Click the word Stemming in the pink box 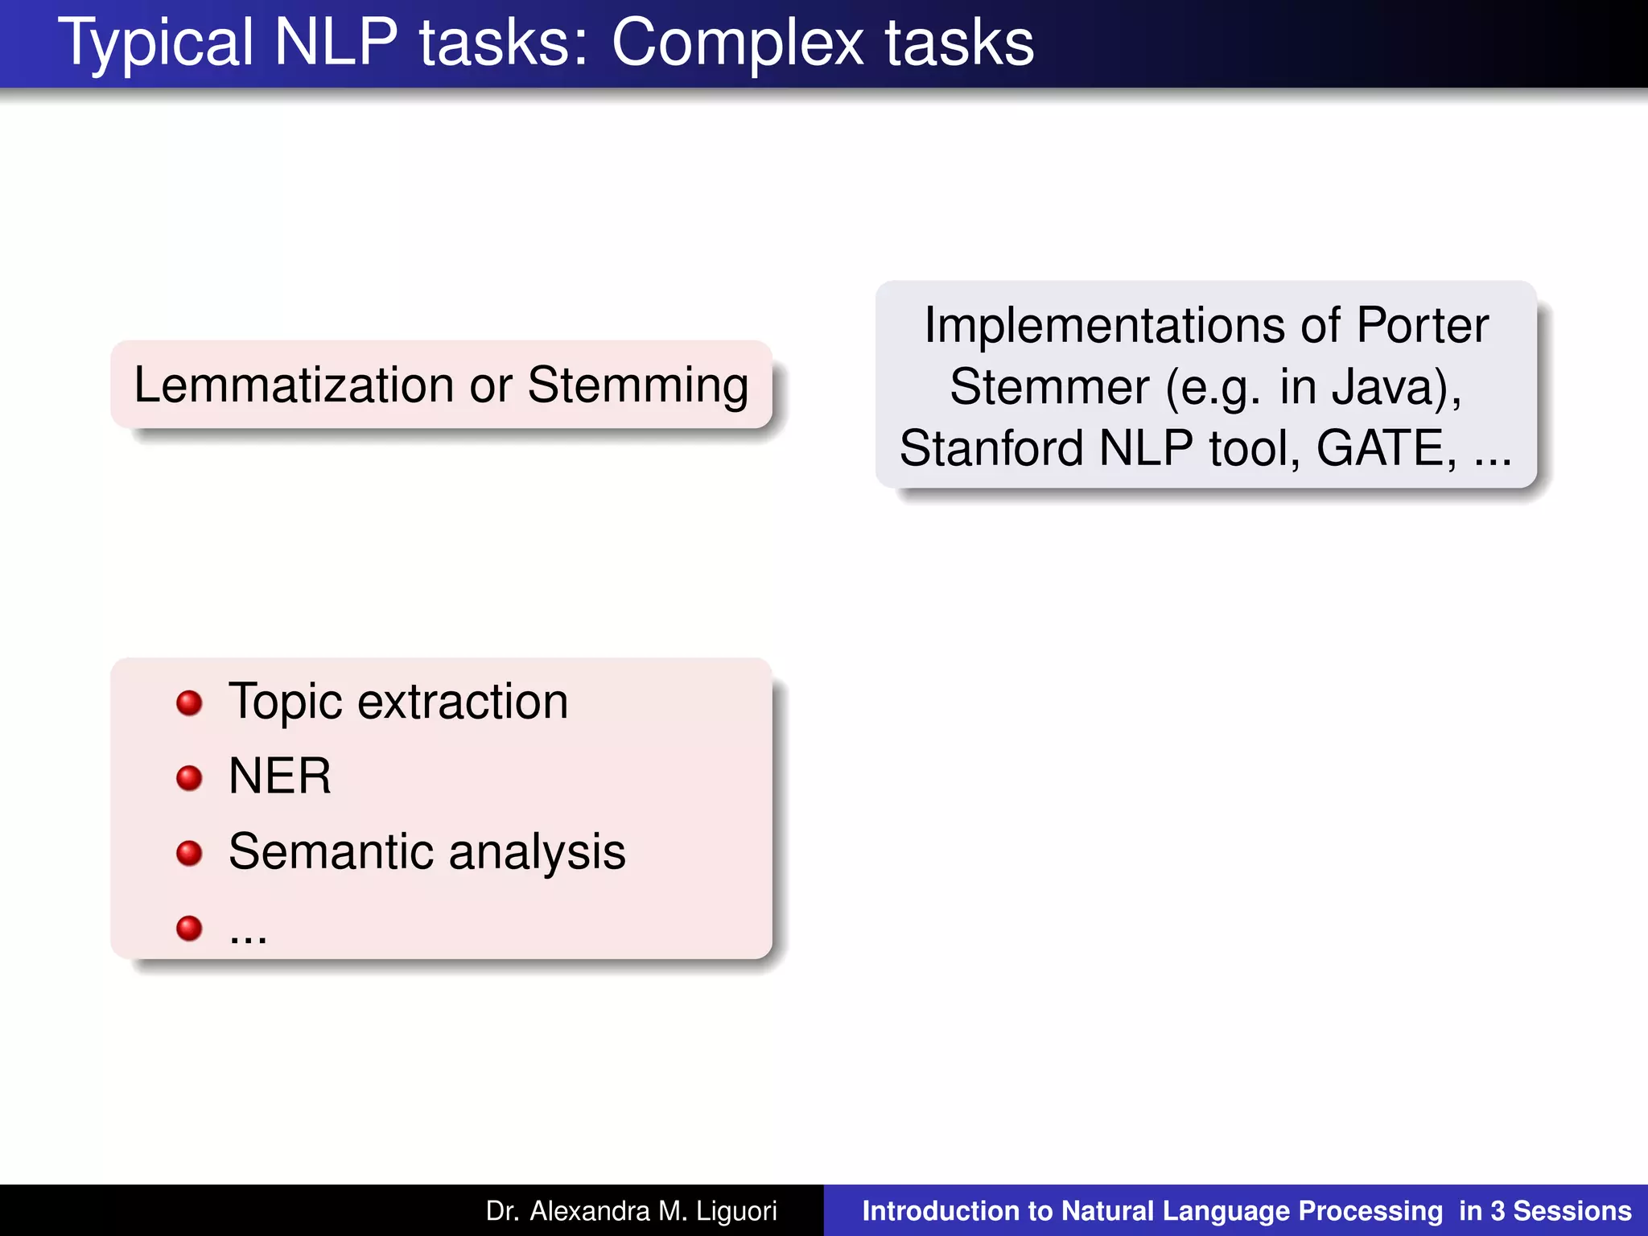638,385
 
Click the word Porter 1422,325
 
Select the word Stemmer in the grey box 1049,387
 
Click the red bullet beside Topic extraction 189,702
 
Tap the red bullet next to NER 189,777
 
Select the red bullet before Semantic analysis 189,852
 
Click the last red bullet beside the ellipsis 189,928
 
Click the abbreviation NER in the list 279,777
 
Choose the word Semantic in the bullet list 331,851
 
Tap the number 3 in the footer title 1497,1211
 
